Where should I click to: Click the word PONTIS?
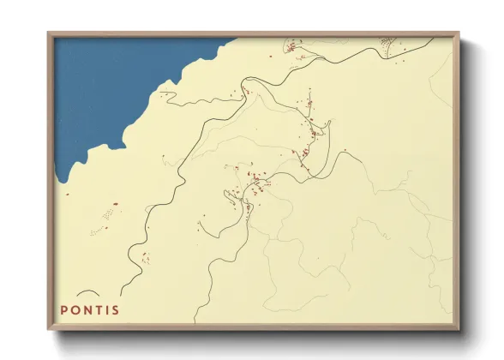point(90,309)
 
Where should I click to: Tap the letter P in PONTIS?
point(64,309)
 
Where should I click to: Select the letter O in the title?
point(75,309)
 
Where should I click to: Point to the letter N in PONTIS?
point(87,309)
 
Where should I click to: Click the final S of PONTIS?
point(116,309)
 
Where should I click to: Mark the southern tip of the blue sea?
point(63,181)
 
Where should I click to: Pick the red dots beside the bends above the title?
point(144,255)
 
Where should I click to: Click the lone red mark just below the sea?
point(68,193)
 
